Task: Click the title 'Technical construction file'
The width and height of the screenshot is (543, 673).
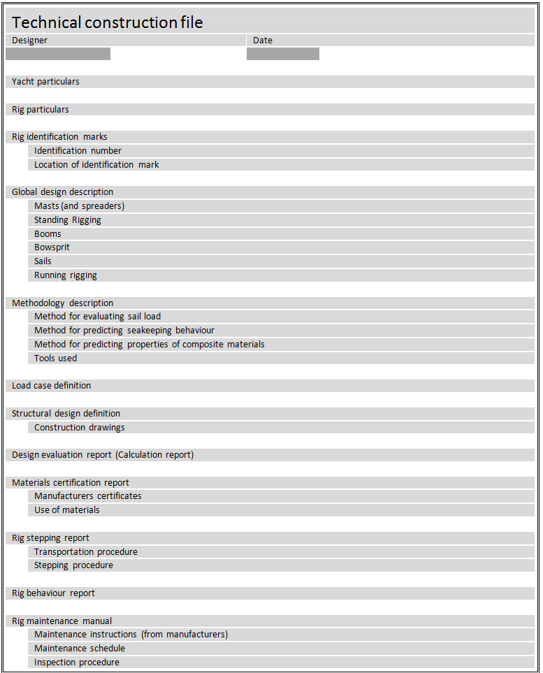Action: pyautogui.click(x=108, y=22)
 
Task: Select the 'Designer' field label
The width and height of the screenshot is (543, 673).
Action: pyautogui.click(x=30, y=41)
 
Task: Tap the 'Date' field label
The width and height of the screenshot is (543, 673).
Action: pyautogui.click(x=263, y=41)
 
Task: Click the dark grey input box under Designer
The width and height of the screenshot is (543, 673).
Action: pyautogui.click(x=58, y=54)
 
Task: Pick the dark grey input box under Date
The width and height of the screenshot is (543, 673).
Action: pyautogui.click(x=283, y=54)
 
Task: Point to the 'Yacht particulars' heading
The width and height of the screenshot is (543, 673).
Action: pyautogui.click(x=45, y=82)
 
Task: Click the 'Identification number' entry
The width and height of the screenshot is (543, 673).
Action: pyautogui.click(x=78, y=151)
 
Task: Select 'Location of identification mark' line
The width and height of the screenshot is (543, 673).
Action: pyautogui.click(x=96, y=165)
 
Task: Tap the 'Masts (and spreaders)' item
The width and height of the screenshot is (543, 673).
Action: pyautogui.click(x=79, y=206)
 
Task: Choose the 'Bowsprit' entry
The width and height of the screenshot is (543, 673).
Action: pyautogui.click(x=52, y=247)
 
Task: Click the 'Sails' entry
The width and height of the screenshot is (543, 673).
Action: pyautogui.click(x=43, y=261)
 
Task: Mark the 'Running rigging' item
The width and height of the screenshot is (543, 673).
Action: pyautogui.click(x=66, y=275)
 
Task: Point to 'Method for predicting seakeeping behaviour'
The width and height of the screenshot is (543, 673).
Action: pyautogui.click(x=124, y=331)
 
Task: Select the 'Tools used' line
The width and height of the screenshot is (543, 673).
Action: pyautogui.click(x=55, y=359)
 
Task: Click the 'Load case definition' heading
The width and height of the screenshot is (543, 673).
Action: pyautogui.click(x=51, y=386)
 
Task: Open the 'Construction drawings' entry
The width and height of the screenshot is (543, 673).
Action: pyautogui.click(x=80, y=428)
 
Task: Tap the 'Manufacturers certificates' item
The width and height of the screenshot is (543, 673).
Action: pyautogui.click(x=88, y=496)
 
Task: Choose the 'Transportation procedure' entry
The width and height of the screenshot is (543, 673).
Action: pyautogui.click(x=86, y=552)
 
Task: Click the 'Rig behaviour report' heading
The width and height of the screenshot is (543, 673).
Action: pyautogui.click(x=53, y=593)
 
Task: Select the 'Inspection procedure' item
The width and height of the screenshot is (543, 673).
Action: pyautogui.click(x=77, y=663)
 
